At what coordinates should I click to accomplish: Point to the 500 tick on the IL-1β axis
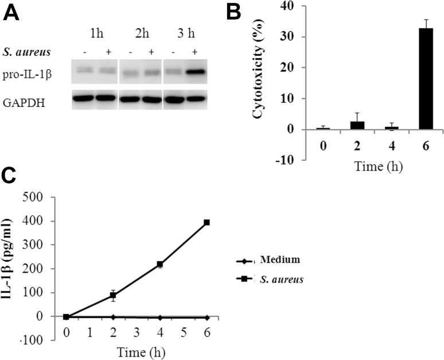coord(45,198)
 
